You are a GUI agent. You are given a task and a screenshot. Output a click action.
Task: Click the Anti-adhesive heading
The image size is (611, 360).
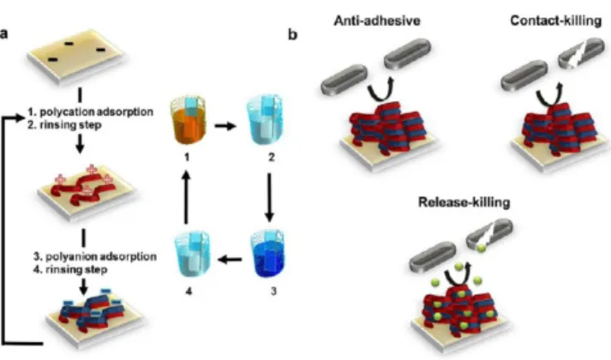coord(377,21)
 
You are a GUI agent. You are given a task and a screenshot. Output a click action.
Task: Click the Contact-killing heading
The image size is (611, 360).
coord(555,21)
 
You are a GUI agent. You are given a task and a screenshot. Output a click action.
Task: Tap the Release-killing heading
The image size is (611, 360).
coord(464,201)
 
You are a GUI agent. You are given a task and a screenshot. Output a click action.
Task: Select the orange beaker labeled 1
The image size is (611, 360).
coord(189,120)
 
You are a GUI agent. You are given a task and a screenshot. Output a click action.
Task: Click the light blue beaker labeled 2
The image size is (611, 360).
coord(265,120)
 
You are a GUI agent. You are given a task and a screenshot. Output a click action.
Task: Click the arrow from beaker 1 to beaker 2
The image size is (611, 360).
coord(225,126)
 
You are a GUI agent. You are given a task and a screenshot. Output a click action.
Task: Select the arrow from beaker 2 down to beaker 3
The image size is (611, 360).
coord(269,197)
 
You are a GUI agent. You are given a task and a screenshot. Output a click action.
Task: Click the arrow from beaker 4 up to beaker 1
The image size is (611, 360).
coord(186,197)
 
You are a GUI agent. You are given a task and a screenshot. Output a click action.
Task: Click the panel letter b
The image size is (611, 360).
coord(292,34)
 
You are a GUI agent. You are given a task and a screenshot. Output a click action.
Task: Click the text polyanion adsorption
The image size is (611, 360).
coord(101,256)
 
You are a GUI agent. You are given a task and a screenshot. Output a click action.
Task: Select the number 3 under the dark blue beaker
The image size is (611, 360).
coord(273,291)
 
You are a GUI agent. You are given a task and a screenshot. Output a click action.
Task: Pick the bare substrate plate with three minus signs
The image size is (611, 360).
coord(77,56)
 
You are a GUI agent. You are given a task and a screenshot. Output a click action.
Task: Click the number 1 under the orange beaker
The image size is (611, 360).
coord(187,157)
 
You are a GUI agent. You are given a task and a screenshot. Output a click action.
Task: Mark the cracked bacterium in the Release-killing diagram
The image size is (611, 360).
coord(489,235)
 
